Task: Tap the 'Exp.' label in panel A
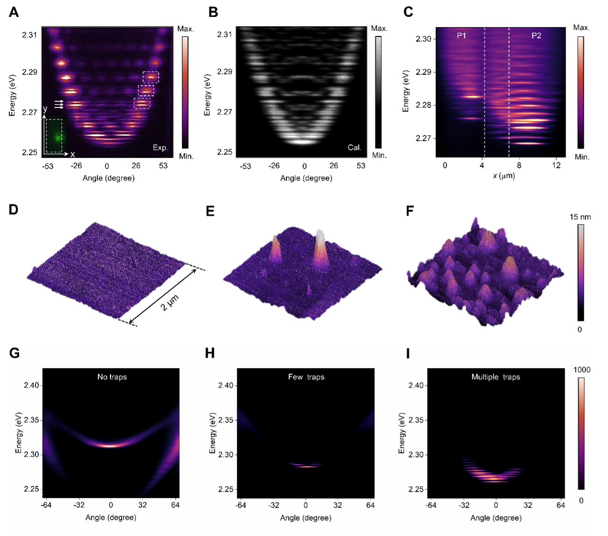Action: [x=160, y=148]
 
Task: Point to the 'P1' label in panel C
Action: [x=462, y=35]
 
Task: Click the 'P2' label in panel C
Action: [x=537, y=35]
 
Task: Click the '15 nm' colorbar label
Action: [x=580, y=216]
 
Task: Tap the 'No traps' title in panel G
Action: [x=111, y=376]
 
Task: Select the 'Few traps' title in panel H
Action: [x=305, y=376]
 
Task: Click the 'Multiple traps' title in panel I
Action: [x=496, y=376]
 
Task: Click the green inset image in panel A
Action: [x=54, y=135]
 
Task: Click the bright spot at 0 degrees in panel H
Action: [x=305, y=466]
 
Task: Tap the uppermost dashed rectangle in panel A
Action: [x=151, y=77]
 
